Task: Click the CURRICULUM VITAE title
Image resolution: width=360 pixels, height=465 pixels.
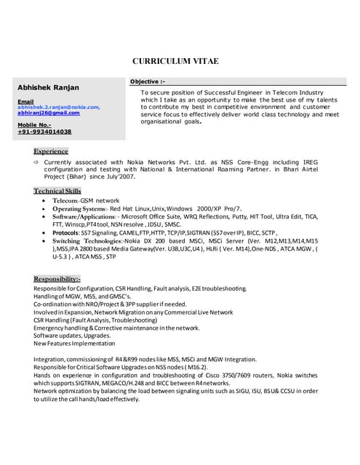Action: (x=175, y=61)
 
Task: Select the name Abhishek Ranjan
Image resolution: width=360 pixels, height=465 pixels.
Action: (x=49, y=88)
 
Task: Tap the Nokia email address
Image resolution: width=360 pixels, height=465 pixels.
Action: (x=58, y=107)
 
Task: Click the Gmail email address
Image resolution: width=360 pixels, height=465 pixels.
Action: (x=49, y=113)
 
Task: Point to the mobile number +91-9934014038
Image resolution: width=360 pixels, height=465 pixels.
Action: (x=44, y=132)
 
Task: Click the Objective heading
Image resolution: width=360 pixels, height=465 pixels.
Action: (x=148, y=81)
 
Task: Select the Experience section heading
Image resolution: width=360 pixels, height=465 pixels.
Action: (x=51, y=150)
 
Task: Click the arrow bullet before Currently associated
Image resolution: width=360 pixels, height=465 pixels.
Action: (x=37, y=162)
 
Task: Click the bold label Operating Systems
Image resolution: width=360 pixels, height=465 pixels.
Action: (x=79, y=208)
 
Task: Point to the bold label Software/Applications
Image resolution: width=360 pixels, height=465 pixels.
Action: (x=83, y=217)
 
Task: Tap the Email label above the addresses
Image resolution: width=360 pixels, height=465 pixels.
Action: (x=25, y=101)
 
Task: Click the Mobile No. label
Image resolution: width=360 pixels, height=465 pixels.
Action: (x=34, y=125)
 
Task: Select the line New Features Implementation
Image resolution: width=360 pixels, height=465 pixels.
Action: (x=80, y=344)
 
